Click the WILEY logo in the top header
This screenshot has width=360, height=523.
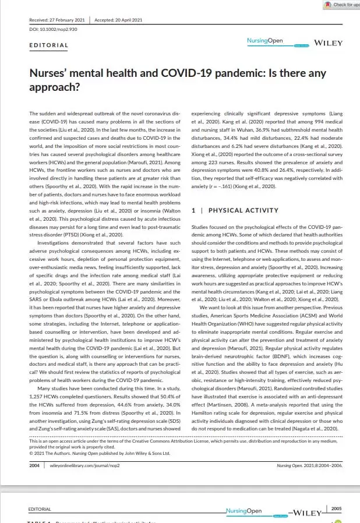[x=328, y=43]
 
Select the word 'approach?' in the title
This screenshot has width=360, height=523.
[x=54, y=87]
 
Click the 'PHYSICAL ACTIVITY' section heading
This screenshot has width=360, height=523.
[x=243, y=210]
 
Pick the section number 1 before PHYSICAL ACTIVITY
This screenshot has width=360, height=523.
[x=193, y=210]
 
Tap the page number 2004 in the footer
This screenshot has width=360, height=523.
[x=34, y=466]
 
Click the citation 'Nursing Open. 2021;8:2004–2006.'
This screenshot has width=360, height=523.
[x=309, y=466]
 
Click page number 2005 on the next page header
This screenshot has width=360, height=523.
[x=336, y=508]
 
